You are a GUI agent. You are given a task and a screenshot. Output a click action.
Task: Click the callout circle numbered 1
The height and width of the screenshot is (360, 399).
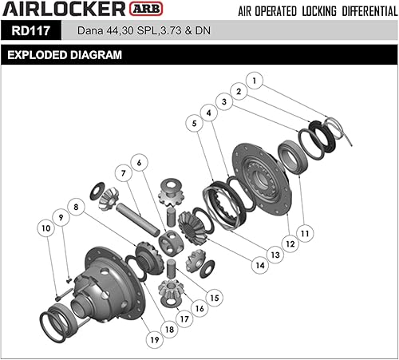pos(255,81)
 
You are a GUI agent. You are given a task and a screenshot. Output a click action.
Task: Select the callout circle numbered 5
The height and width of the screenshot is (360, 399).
pos(194,123)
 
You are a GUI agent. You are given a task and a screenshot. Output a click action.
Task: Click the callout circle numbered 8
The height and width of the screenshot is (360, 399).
pos(77,207)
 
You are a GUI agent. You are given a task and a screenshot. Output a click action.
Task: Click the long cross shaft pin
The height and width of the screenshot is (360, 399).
pos(140,215)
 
